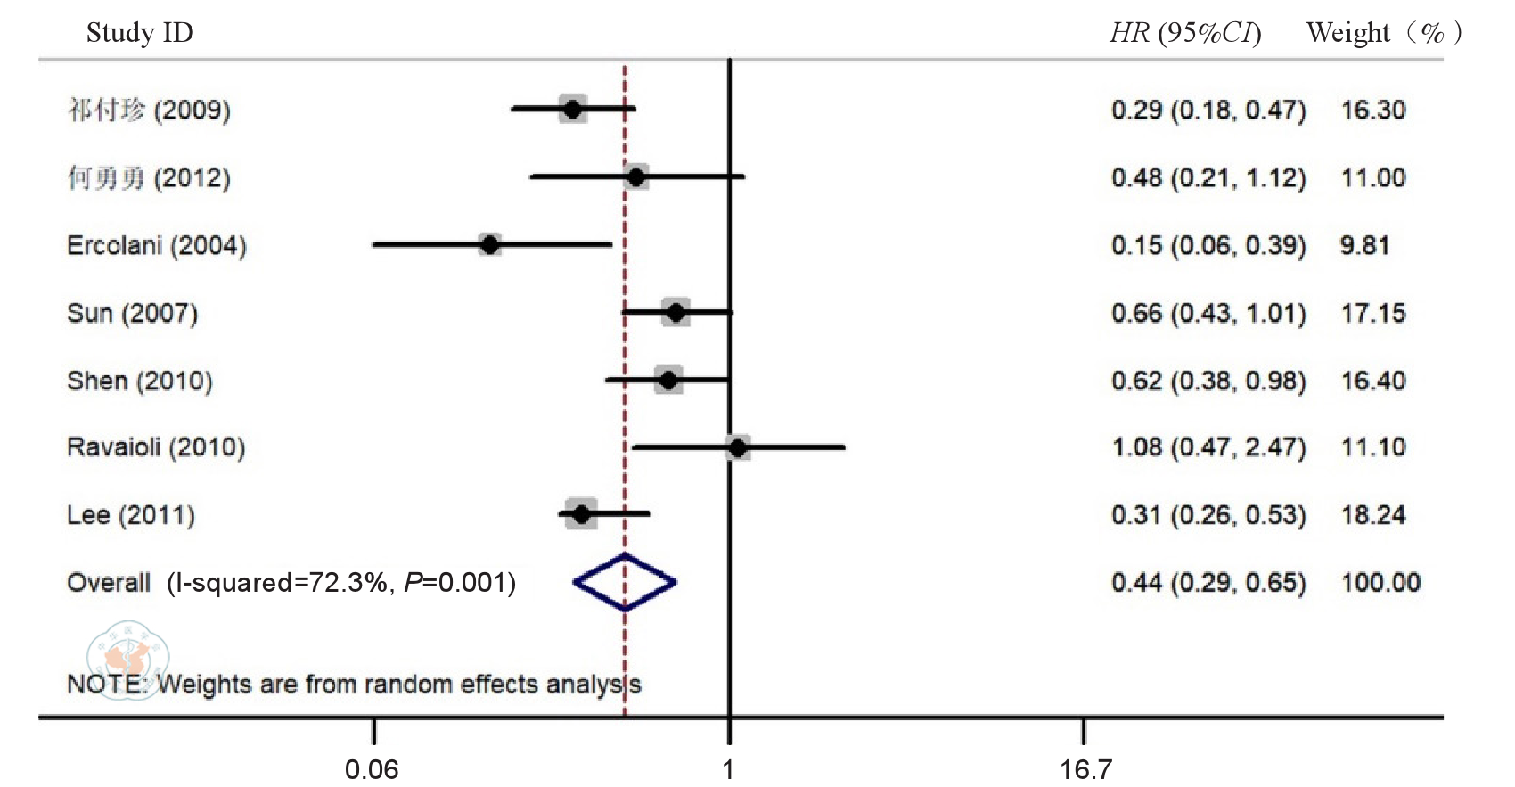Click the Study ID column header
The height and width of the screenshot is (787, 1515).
pos(140,33)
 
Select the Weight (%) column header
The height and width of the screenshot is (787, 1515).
pos(1383,33)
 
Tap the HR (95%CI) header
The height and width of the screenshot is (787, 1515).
pos(1184,33)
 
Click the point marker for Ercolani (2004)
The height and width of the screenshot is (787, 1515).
pos(489,244)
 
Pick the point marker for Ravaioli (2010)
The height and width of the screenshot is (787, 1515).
pos(737,447)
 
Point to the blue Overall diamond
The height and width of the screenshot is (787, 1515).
pos(625,583)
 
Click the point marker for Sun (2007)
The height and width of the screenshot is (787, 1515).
pos(676,312)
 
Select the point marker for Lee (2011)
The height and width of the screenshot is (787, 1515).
pos(581,514)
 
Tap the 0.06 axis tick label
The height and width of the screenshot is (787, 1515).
pos(372,768)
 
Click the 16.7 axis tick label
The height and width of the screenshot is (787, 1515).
pos(1085,768)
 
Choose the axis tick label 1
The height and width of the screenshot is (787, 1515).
pos(728,768)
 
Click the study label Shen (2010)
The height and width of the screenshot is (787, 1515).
pos(140,381)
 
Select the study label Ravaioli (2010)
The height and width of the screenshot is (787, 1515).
pos(156,447)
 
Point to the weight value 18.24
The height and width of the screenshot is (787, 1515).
pos(1373,515)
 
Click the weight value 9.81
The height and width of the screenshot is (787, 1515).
pos(1364,245)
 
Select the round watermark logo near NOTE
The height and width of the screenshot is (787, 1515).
pos(127,660)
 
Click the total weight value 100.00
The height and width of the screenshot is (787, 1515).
pos(1380,583)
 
